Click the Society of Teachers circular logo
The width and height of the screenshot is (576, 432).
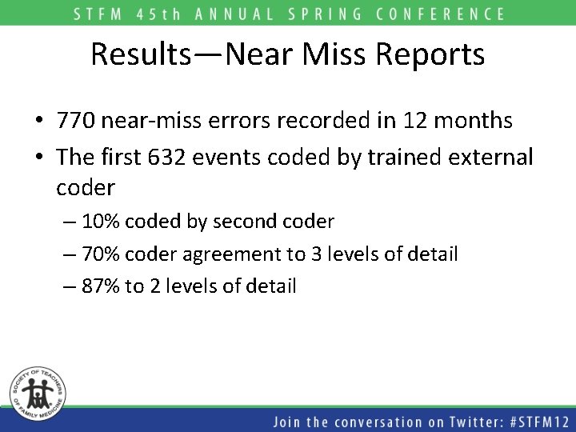pos(37,392)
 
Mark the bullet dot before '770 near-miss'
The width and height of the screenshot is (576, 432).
pos(39,122)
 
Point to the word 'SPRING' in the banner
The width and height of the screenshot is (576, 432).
pos(330,14)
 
